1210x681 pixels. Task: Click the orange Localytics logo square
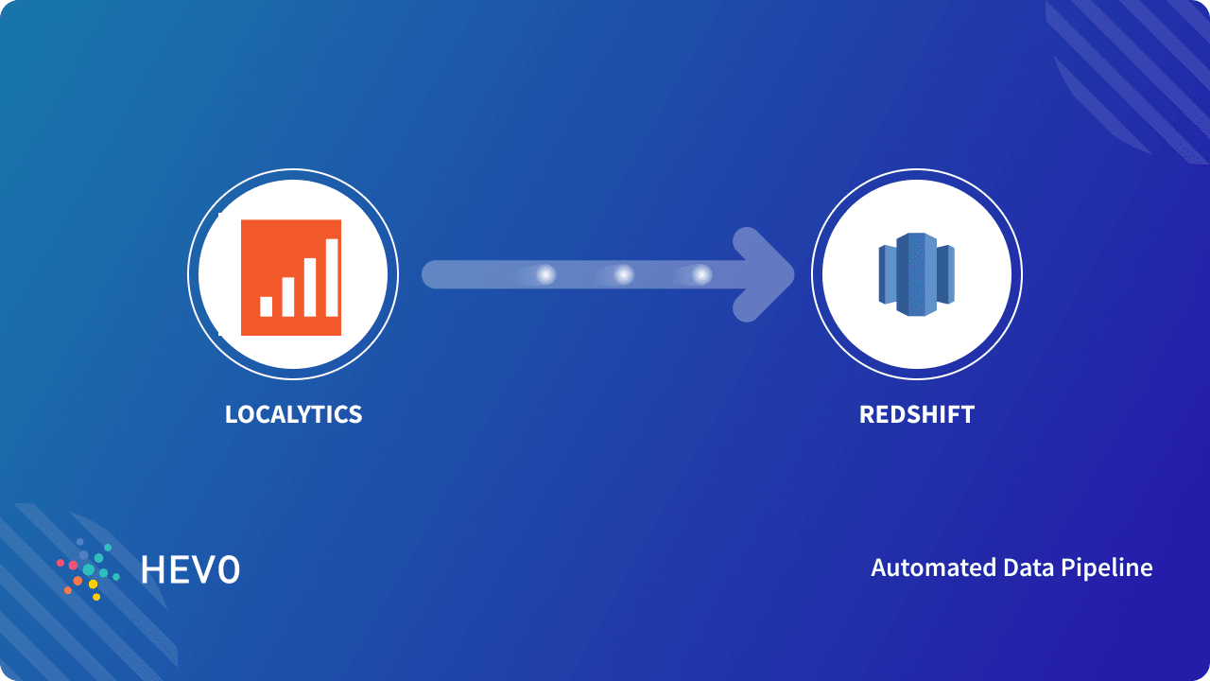point(291,277)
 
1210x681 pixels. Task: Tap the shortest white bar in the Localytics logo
point(267,306)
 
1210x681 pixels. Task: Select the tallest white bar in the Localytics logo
point(332,277)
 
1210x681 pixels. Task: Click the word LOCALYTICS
point(293,414)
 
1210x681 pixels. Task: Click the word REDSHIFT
point(916,414)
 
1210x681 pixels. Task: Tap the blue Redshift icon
point(916,274)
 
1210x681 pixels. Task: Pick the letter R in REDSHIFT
point(868,414)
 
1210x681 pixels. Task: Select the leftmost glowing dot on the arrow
point(545,275)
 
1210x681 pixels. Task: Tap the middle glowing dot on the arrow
point(623,275)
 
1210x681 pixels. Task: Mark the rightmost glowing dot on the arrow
point(700,275)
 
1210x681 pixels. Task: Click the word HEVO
point(190,569)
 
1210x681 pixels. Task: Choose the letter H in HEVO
point(151,569)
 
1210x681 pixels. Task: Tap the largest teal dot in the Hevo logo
point(89,569)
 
